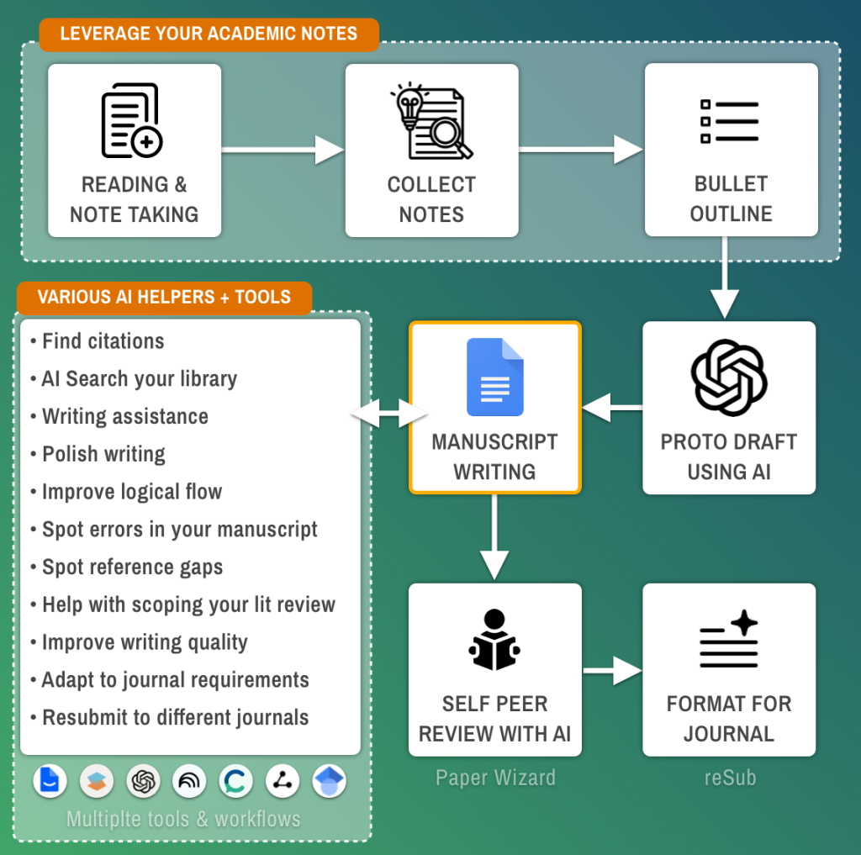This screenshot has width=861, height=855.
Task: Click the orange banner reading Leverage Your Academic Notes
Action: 209,34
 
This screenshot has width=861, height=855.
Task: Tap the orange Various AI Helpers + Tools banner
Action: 164,297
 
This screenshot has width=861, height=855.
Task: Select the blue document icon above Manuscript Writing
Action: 494,377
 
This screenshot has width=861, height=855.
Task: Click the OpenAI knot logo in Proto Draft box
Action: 729,377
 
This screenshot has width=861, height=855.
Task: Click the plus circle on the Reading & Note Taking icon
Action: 146,142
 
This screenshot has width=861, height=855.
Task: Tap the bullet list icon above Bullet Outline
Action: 729,121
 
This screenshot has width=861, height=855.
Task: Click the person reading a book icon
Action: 494,640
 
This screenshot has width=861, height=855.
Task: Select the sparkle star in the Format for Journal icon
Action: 744,623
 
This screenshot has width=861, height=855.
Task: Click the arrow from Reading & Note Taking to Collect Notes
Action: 283,150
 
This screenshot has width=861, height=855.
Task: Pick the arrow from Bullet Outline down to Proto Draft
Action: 725,277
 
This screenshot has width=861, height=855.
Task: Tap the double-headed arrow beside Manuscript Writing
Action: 388,413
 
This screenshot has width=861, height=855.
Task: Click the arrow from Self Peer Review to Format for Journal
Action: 612,671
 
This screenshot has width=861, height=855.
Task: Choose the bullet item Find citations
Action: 98,341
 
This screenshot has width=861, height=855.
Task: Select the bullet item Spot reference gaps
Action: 127,567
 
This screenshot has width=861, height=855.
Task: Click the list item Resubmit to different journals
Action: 170,717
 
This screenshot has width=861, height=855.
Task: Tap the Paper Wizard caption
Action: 495,778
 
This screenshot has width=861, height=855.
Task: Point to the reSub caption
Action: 730,778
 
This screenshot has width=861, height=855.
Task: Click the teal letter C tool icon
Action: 235,781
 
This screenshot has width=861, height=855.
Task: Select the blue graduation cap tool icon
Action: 329,781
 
